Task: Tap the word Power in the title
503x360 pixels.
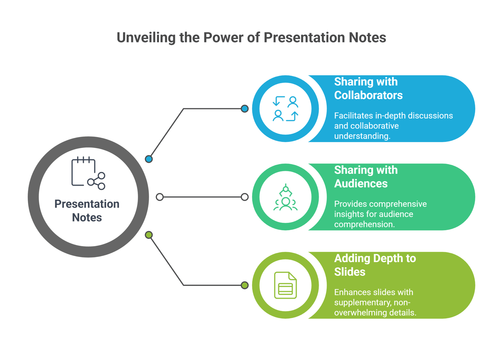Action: click(223, 38)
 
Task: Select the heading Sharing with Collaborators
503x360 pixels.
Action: click(368, 88)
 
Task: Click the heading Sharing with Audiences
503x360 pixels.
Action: click(366, 177)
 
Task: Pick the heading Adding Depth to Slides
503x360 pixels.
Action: click(375, 265)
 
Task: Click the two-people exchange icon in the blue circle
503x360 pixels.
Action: click(285, 109)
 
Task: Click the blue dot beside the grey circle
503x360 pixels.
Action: click(149, 159)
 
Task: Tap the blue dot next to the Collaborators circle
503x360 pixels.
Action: click(245, 109)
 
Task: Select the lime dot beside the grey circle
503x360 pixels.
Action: click(149, 235)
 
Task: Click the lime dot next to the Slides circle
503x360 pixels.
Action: click(245, 285)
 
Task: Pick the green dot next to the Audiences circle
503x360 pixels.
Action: click(245, 197)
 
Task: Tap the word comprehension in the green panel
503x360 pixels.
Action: click(364, 224)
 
